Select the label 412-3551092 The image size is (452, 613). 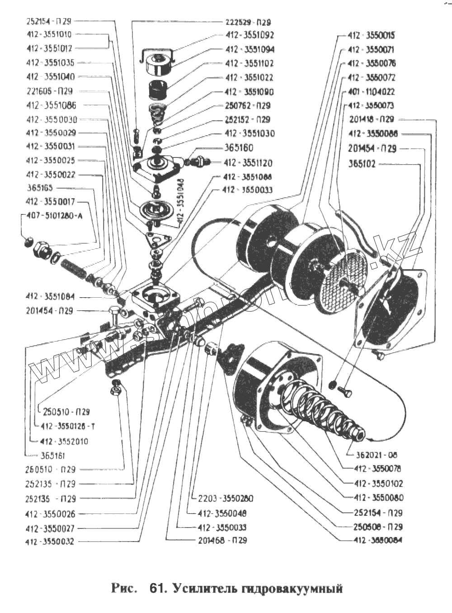pyautogui.click(x=250, y=35)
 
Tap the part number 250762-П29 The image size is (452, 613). pyautogui.click(x=248, y=106)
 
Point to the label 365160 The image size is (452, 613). pyautogui.click(x=239, y=148)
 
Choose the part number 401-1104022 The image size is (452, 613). pyautogui.click(x=371, y=92)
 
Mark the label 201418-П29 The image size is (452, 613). pyautogui.click(x=372, y=119)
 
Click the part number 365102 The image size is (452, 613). pyautogui.click(x=362, y=164)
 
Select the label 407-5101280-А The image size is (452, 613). pyautogui.click(x=55, y=216)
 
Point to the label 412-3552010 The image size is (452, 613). pyautogui.click(x=64, y=441)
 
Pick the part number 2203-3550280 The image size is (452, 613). pyautogui.click(x=226, y=499)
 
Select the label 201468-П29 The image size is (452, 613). pyautogui.click(x=222, y=540)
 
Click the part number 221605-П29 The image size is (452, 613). pyautogui.click(x=50, y=91)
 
